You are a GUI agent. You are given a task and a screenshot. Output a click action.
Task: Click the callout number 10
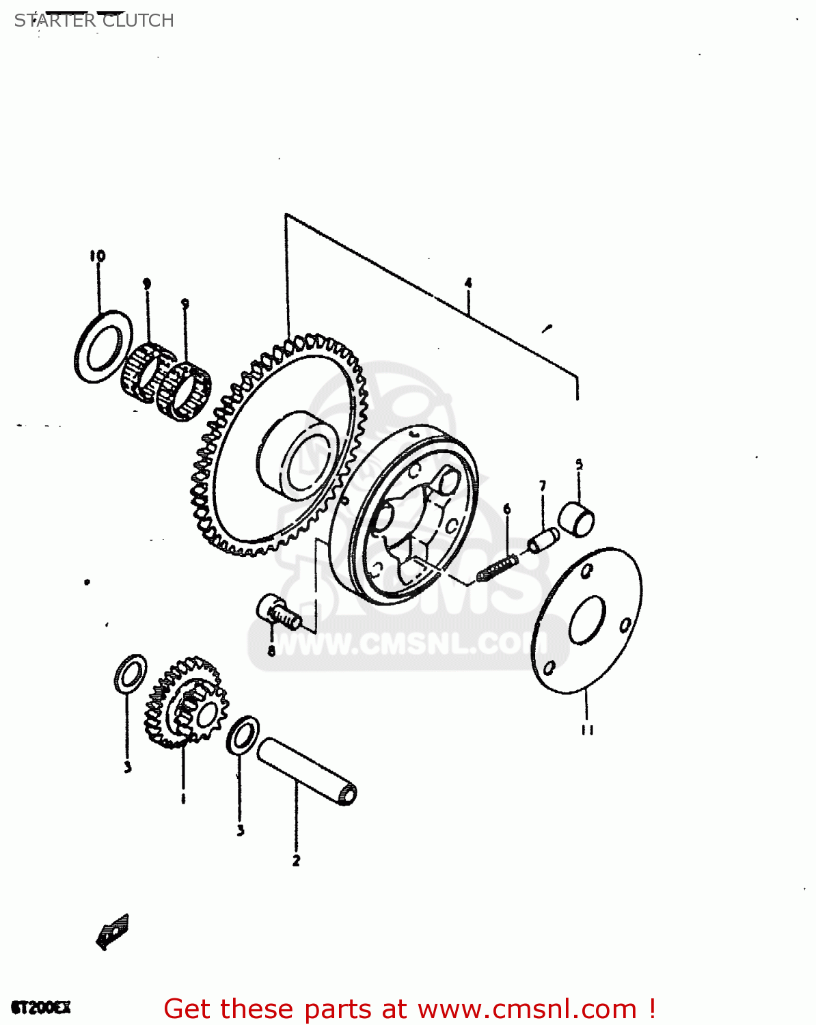[x=97, y=256]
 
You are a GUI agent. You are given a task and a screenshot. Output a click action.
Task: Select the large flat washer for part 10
[x=103, y=347]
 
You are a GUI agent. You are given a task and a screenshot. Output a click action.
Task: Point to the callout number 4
[x=468, y=283]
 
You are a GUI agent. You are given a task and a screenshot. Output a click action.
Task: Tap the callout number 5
[x=579, y=465]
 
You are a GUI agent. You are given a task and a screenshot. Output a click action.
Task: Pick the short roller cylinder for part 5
[x=577, y=519]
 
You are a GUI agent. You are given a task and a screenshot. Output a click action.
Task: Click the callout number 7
[x=543, y=487]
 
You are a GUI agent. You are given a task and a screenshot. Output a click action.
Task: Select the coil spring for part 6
[x=498, y=569]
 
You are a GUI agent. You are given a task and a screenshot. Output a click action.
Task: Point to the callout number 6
[x=506, y=509]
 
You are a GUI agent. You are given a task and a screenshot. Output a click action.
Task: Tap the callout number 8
[x=271, y=651]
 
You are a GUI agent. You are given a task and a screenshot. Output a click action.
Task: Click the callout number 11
[x=587, y=730]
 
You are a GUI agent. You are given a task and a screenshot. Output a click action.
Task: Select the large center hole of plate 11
[x=587, y=620]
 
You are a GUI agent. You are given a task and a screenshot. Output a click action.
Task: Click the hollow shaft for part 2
[x=307, y=770]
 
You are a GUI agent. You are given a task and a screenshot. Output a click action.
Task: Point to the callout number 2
[x=296, y=861]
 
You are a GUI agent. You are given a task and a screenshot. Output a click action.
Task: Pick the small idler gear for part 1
[x=185, y=704]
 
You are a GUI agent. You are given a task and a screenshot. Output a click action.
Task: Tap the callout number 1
[x=183, y=798]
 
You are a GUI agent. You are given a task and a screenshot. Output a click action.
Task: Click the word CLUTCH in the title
[x=138, y=20]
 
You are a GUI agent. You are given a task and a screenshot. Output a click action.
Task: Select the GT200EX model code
[x=41, y=1008]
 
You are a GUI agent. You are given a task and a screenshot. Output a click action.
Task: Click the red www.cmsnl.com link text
[x=527, y=1009]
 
